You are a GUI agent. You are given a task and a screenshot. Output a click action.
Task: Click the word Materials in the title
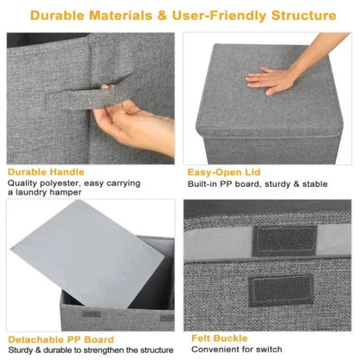point(138,16)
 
